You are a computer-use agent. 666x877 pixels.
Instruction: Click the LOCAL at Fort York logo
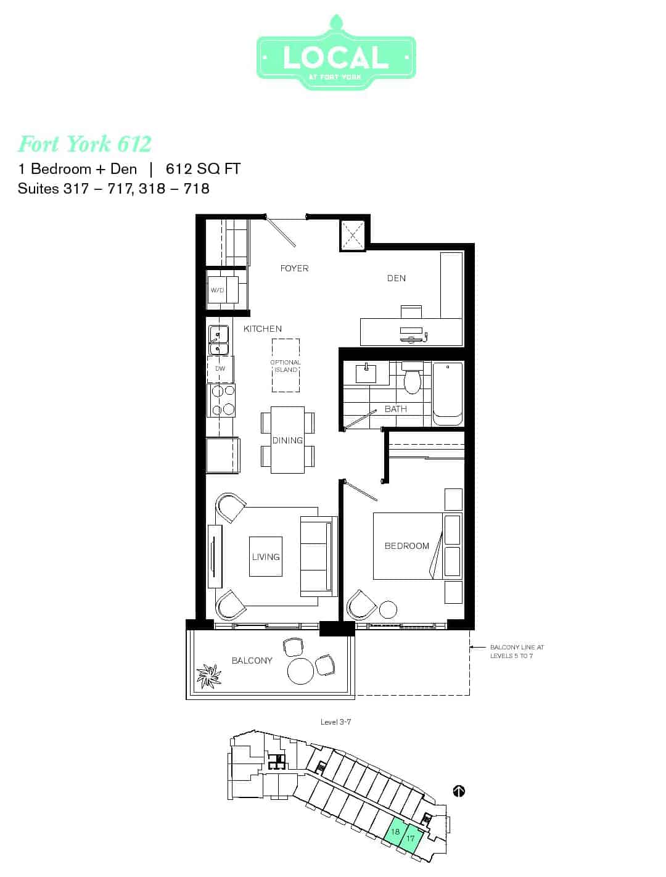click(336, 53)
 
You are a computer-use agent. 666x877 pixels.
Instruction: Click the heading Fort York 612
click(85, 144)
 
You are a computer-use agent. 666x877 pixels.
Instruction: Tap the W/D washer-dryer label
click(217, 290)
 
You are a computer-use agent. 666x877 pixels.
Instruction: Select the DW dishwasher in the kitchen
click(220, 369)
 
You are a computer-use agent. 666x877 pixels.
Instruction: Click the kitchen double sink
click(218, 340)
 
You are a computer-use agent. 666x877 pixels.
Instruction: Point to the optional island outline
click(286, 365)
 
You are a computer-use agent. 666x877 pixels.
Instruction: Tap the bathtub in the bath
click(448, 393)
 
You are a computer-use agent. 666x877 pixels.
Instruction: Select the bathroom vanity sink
click(366, 373)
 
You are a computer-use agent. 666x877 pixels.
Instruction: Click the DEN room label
click(397, 278)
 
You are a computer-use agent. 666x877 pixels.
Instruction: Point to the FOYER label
click(294, 268)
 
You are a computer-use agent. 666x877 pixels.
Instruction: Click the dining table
click(287, 440)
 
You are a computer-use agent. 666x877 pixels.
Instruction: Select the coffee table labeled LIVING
click(266, 556)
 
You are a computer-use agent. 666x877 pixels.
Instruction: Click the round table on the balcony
click(300, 671)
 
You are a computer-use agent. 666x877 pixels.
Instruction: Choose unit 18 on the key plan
click(395, 832)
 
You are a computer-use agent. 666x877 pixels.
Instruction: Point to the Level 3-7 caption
click(335, 722)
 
